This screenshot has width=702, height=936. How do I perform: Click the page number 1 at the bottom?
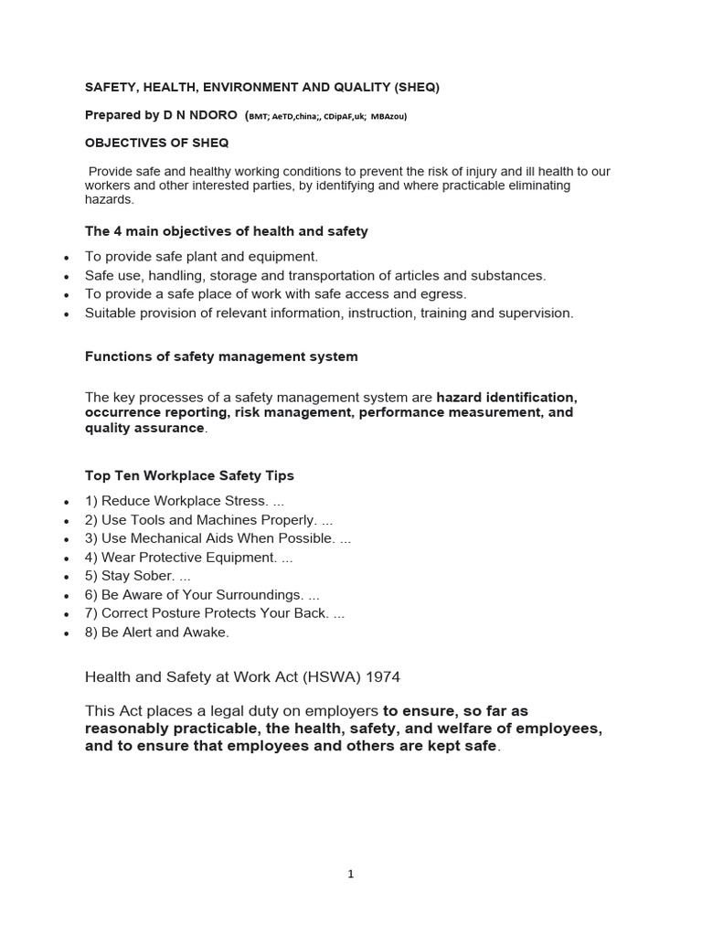(x=351, y=874)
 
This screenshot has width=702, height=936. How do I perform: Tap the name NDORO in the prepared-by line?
(x=210, y=115)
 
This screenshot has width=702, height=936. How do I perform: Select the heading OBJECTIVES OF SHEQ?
(x=157, y=143)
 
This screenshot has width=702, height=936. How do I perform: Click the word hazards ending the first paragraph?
(x=109, y=199)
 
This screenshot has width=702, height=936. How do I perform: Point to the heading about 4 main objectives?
(x=226, y=231)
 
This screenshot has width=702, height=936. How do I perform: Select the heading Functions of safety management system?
(x=221, y=356)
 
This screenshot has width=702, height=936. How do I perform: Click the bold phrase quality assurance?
(x=144, y=428)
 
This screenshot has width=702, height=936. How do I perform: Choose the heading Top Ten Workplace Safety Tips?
(x=189, y=475)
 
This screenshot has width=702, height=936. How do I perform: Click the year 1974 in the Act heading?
(x=379, y=677)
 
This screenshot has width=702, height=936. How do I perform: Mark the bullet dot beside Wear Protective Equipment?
(x=66, y=558)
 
